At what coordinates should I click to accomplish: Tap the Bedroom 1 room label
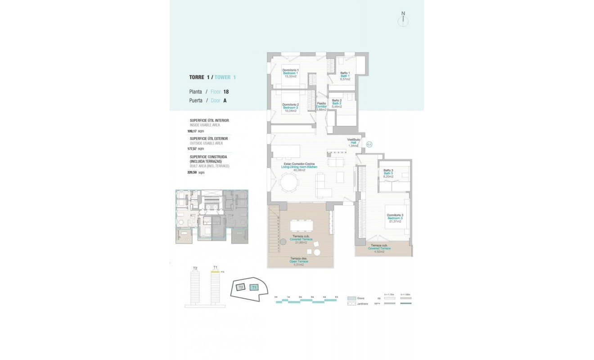click(290, 73)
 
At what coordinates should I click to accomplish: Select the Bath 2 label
click(337, 103)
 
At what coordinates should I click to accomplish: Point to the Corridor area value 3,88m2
click(321, 109)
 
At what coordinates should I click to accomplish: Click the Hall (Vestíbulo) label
click(353, 143)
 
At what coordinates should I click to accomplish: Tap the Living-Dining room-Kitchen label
click(299, 167)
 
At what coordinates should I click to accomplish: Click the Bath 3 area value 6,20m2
click(388, 177)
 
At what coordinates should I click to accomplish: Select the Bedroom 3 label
click(396, 218)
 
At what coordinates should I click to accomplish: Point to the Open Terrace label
click(299, 261)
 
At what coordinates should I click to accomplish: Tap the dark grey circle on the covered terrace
click(283, 242)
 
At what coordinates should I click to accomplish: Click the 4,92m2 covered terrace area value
click(379, 252)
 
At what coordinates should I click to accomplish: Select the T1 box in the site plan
click(254, 287)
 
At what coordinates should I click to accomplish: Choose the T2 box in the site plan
click(241, 287)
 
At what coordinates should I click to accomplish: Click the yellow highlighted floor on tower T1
click(215, 272)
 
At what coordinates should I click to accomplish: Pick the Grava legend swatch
click(352, 298)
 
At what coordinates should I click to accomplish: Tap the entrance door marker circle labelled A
click(369, 144)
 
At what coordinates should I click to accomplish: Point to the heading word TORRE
click(198, 77)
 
